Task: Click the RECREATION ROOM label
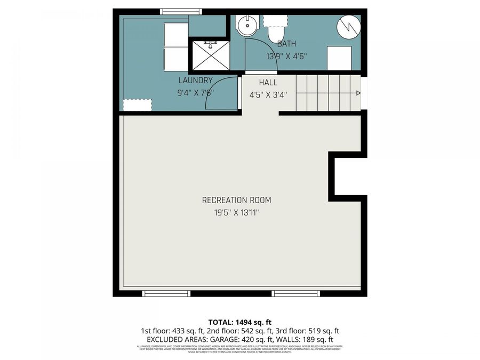pyautogui.click(x=236, y=201)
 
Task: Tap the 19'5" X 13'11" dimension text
pyautogui.click(x=236, y=212)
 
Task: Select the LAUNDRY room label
pyautogui.click(x=195, y=81)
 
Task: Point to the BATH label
pyautogui.click(x=286, y=44)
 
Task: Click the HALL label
pyautogui.click(x=268, y=83)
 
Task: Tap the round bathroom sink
pyautogui.click(x=247, y=25)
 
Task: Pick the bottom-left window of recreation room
pyautogui.click(x=166, y=293)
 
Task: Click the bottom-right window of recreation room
pyautogui.click(x=296, y=293)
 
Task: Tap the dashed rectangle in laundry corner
pyautogui.click(x=137, y=105)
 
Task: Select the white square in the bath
pyautogui.click(x=339, y=58)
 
